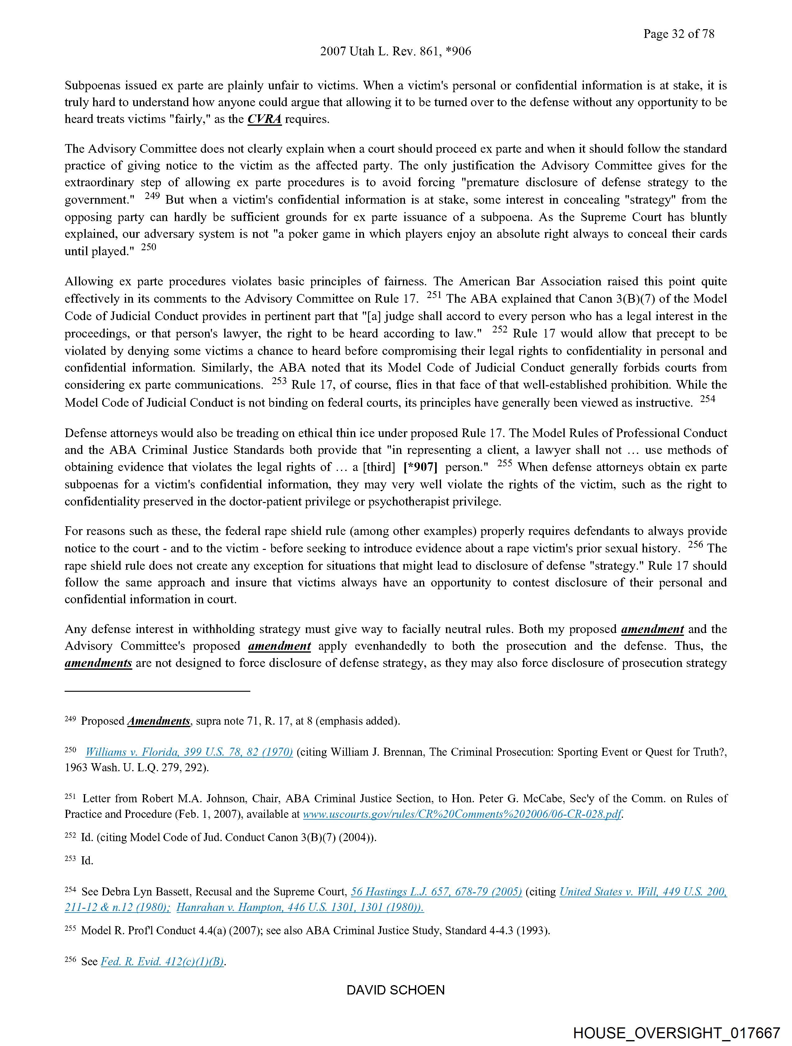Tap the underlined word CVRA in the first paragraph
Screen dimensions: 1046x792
coord(265,119)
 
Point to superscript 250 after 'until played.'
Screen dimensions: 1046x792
coord(148,247)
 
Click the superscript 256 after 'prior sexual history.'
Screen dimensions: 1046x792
coord(695,544)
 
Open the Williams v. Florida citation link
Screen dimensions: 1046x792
coord(189,752)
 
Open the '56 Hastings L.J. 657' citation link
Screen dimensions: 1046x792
coord(436,892)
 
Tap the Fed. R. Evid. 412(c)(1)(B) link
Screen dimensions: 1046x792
coord(162,962)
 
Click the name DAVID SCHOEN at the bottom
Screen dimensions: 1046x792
coord(395,990)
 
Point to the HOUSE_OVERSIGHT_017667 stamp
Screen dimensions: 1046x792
coord(676,1033)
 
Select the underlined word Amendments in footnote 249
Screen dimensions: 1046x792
coord(159,721)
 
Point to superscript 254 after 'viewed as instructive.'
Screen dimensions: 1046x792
coord(708,399)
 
